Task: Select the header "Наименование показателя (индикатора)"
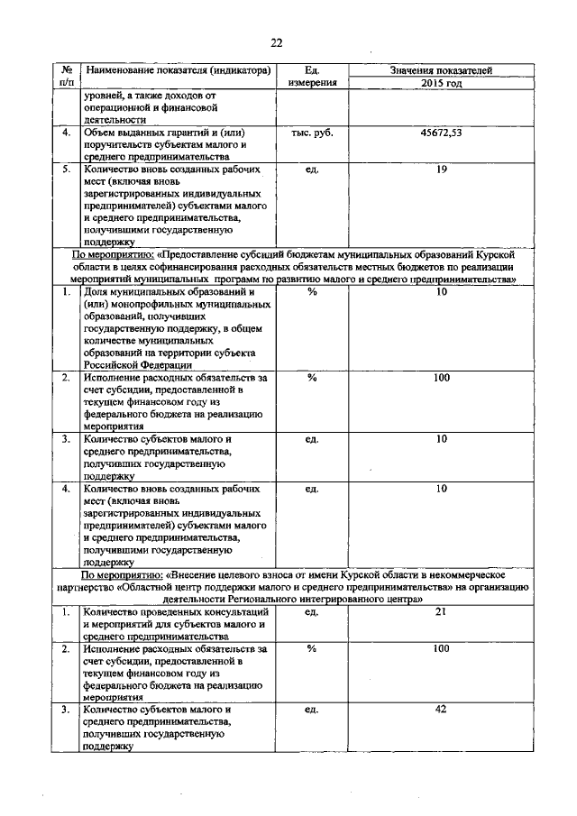tap(177, 69)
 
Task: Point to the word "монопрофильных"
tap(170, 305)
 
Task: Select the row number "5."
tap(66, 169)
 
